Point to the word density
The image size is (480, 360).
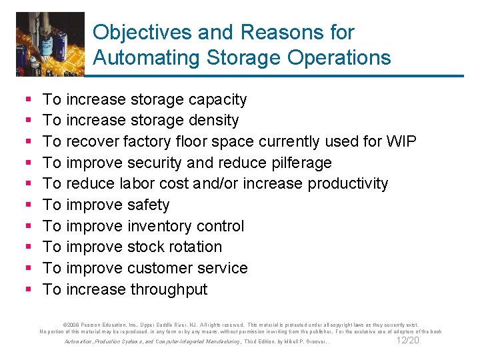click(213, 121)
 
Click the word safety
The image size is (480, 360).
click(147, 205)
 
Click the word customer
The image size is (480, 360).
click(159, 268)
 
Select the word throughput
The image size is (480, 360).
click(169, 289)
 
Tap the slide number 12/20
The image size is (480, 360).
click(408, 340)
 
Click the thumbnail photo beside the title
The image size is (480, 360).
click(50, 44)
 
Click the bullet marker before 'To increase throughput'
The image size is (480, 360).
click(27, 290)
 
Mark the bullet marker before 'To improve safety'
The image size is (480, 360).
click(27, 205)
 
